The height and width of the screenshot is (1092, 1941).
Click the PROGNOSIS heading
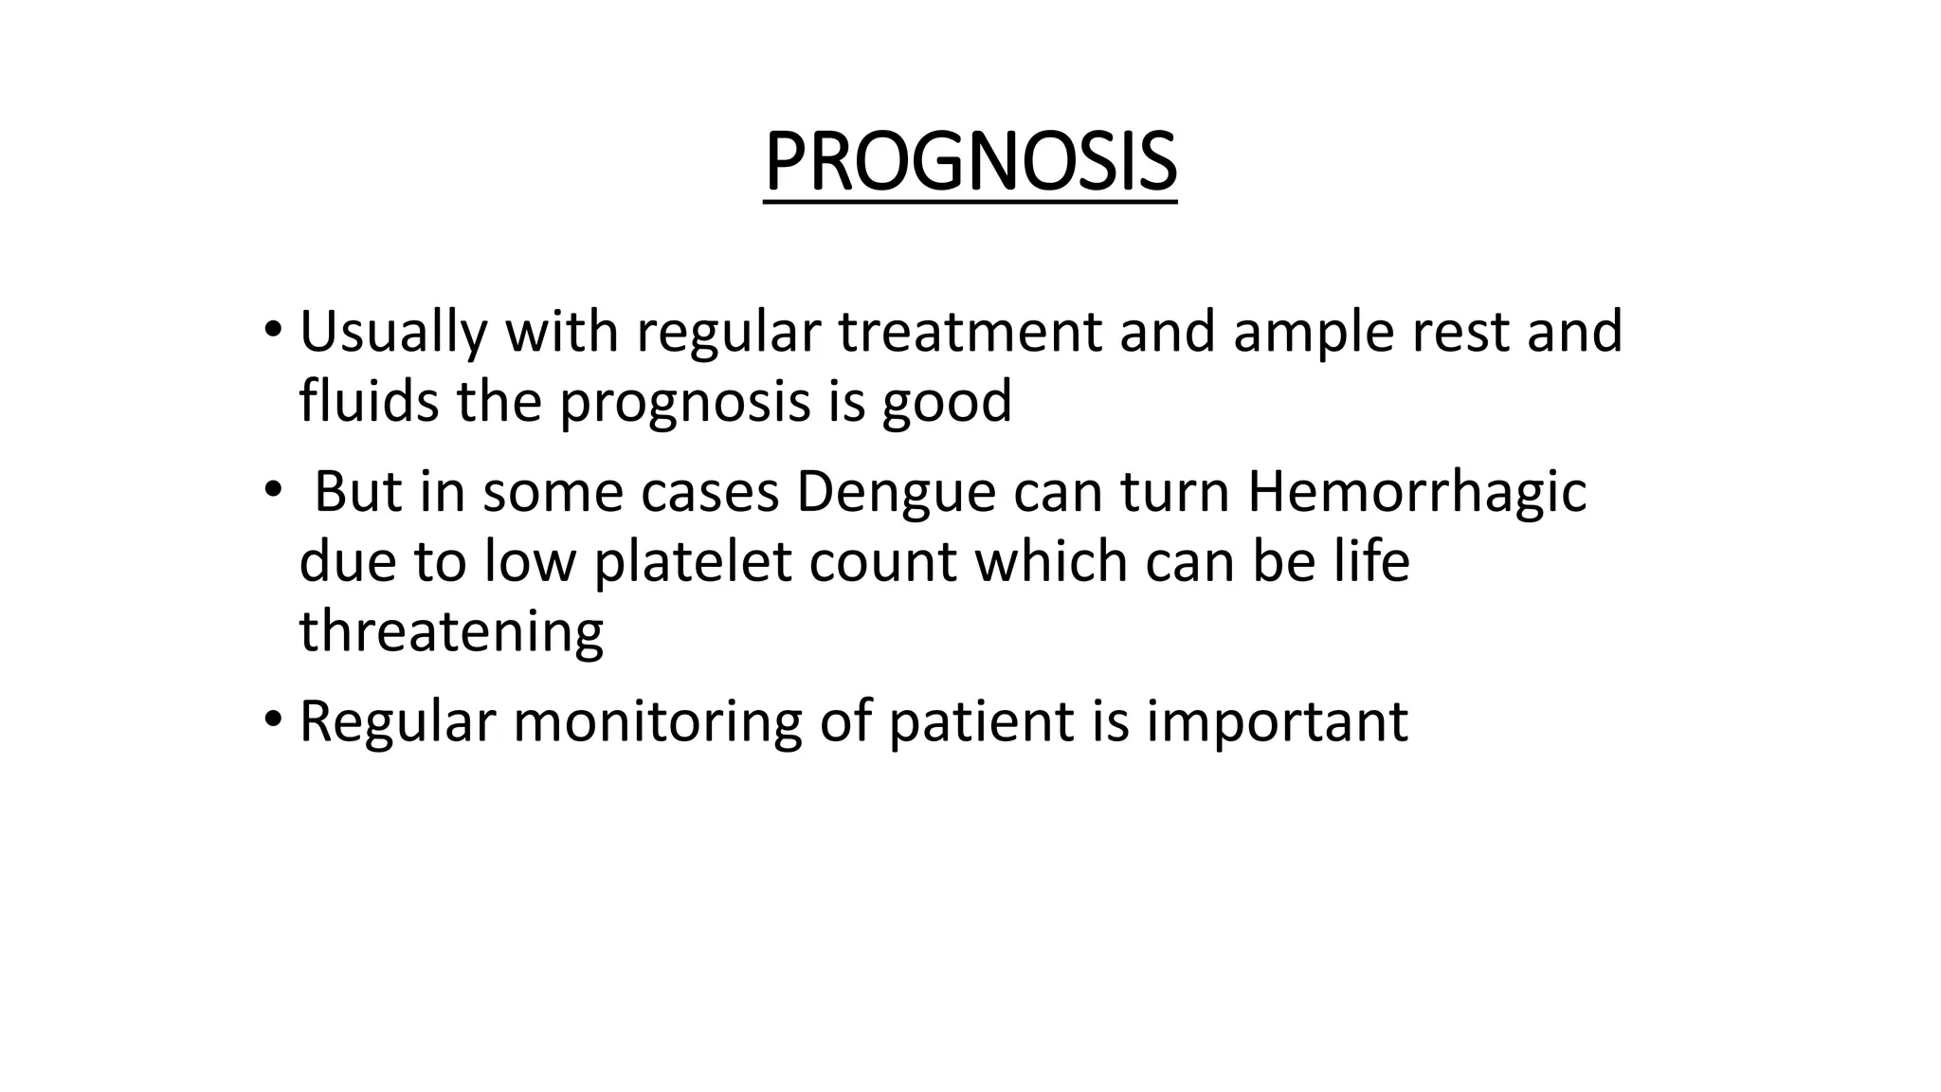tap(970, 162)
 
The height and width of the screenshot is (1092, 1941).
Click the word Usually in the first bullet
tap(393, 332)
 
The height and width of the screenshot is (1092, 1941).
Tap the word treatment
tap(970, 332)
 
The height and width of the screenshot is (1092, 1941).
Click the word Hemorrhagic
tap(1416, 493)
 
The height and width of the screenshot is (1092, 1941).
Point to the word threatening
tap(451, 631)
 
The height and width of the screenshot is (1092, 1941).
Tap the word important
tap(1277, 722)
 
